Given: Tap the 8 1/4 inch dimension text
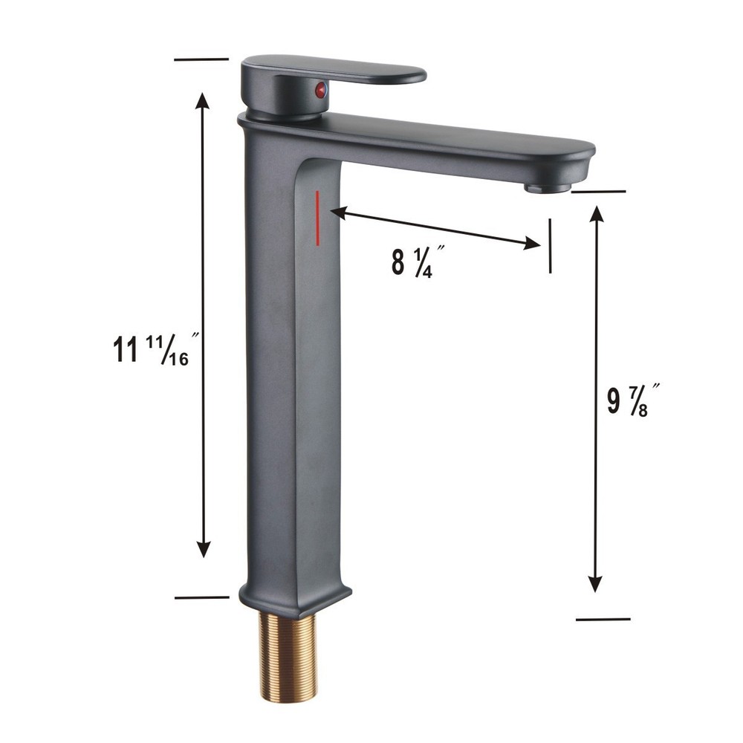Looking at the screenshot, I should [412, 262].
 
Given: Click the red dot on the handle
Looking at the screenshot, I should [320, 91].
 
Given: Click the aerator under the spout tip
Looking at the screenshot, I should [547, 188].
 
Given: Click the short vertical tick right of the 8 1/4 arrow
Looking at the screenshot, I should [550, 246].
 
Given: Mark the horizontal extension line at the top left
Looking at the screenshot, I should [201, 58].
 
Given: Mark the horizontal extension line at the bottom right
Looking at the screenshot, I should [603, 618].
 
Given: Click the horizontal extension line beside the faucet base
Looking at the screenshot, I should [201, 597].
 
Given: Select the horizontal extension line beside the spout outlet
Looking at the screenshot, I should [599, 191].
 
